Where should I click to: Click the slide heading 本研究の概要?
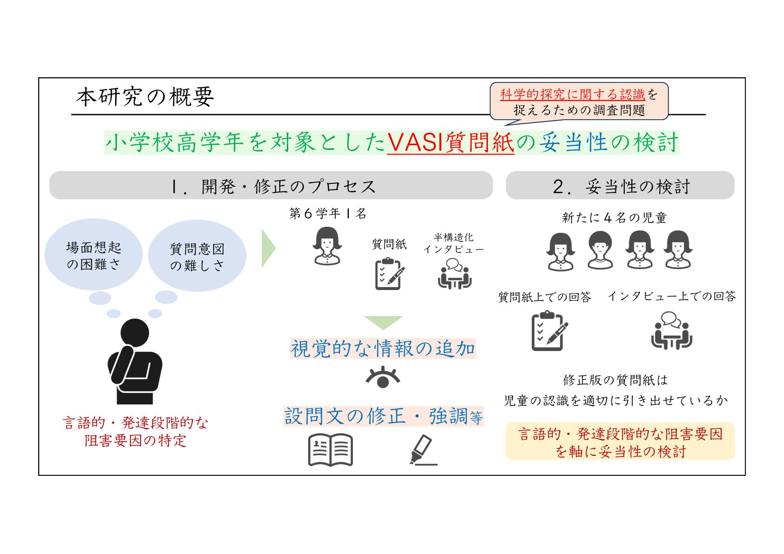145,97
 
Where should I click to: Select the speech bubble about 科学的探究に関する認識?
579,102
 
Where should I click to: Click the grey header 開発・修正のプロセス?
271,186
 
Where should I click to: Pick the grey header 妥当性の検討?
620,186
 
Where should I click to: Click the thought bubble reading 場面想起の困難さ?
94,255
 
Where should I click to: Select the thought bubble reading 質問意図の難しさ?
197,257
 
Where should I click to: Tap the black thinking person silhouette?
135,361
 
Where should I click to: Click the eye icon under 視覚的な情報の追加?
383,377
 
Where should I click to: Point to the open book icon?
331,450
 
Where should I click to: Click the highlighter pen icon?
422,450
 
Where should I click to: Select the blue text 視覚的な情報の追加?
383,349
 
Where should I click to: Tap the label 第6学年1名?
328,214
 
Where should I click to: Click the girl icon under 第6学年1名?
327,246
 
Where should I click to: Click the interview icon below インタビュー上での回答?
671,331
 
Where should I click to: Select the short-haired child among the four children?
600,250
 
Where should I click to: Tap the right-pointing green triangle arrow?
268,248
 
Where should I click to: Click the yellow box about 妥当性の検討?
620,441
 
